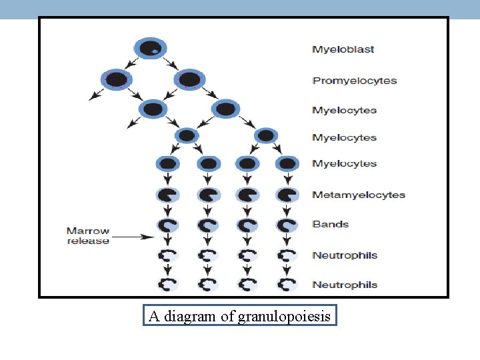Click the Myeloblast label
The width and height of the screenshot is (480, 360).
tap(343, 49)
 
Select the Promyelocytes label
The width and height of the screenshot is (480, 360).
tap(355, 81)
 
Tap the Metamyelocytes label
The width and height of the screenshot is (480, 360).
tap(359, 195)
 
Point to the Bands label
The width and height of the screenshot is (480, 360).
tap(331, 225)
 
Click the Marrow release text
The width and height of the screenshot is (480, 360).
tap(87, 236)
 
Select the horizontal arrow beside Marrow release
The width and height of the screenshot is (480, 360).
tap(133, 236)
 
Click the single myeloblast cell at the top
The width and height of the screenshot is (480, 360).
tap(150, 49)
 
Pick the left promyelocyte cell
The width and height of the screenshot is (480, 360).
tap(116, 79)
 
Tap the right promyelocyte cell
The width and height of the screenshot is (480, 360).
tap(189, 79)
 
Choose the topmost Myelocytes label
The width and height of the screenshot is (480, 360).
tap(345, 110)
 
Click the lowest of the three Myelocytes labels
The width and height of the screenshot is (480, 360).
tap(345, 164)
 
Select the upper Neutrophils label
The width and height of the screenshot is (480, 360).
tap(345, 255)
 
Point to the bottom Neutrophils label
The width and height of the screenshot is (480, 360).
tap(345, 285)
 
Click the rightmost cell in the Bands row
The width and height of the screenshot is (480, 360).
tap(287, 225)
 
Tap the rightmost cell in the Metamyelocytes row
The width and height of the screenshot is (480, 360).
tap(287, 195)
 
